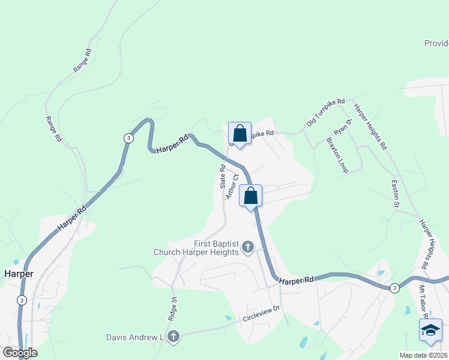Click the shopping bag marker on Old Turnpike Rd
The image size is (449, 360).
tap(240, 134)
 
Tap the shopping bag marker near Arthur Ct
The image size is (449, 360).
tap(251, 196)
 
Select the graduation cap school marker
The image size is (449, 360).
tap(430, 329)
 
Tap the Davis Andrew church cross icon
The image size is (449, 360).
tap(173, 337)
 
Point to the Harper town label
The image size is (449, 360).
tap(18, 273)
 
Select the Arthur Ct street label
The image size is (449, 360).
tap(232, 186)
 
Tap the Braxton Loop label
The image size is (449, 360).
tap(337, 155)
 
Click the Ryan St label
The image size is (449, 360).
tap(342, 127)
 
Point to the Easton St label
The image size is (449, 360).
tap(396, 194)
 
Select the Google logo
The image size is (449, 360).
tap(20, 353)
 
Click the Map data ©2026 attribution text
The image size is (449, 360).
tap(424, 355)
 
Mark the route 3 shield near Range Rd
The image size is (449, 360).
tap(128, 138)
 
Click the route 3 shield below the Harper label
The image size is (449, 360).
tap(22, 300)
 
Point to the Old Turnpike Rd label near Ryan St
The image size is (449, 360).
tap(325, 112)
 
